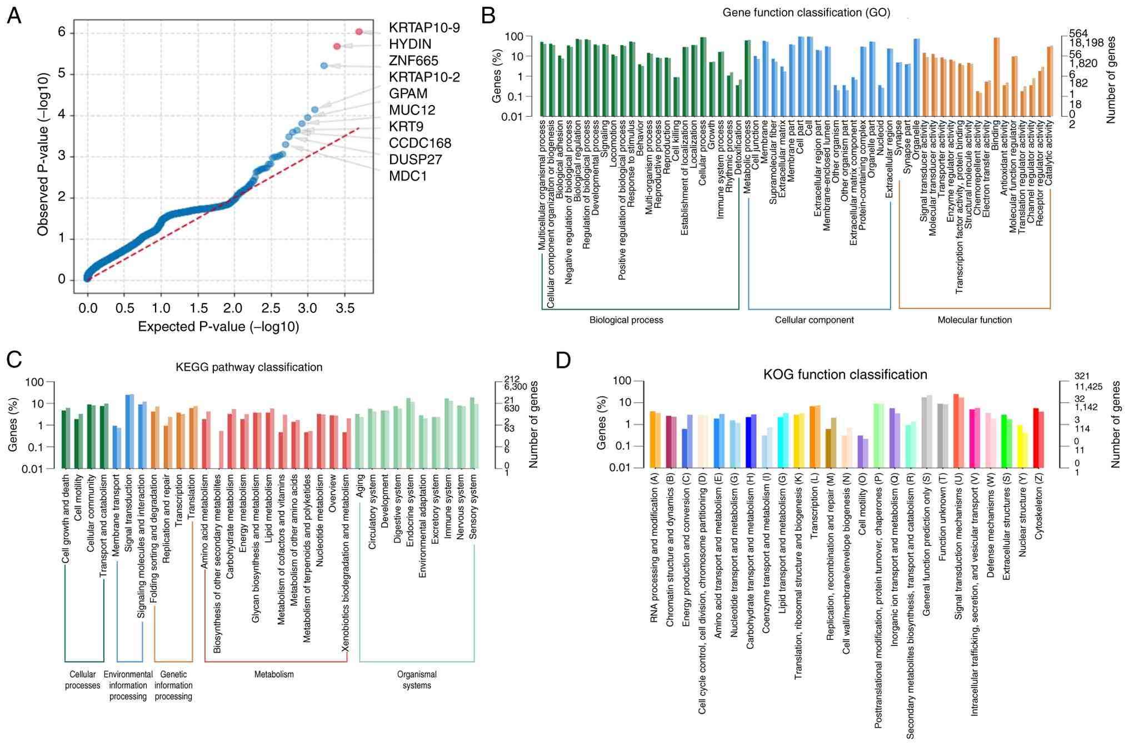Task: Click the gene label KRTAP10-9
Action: pyautogui.click(x=424, y=28)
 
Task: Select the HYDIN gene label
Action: pyautogui.click(x=410, y=44)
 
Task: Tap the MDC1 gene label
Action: pyautogui.click(x=407, y=176)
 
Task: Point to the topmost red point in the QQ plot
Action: pyautogui.click(x=359, y=32)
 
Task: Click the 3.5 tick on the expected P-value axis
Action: pyautogui.click(x=344, y=309)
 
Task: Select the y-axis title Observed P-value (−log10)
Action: pyautogui.click(x=43, y=155)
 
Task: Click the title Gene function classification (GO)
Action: pyautogui.click(x=806, y=13)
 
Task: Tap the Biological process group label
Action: pyautogui.click(x=626, y=320)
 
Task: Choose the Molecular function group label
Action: pyautogui.click(x=975, y=320)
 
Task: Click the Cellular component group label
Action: pyautogui.click(x=814, y=320)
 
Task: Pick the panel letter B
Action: pyautogui.click(x=488, y=16)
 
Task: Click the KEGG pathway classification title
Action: pyautogui.click(x=249, y=367)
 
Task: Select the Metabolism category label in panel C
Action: pyautogui.click(x=274, y=674)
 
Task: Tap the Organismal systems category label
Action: pyautogui.click(x=417, y=680)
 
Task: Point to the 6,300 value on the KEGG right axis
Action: pyautogui.click(x=515, y=387)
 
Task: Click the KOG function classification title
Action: pyautogui.click(x=845, y=375)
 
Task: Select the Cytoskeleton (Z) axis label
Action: pyautogui.click(x=1039, y=507)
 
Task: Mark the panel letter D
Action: pyautogui.click(x=563, y=360)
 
